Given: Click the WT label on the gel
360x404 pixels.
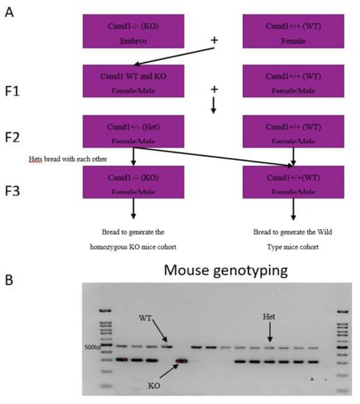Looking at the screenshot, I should pyautogui.click(x=145, y=318).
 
